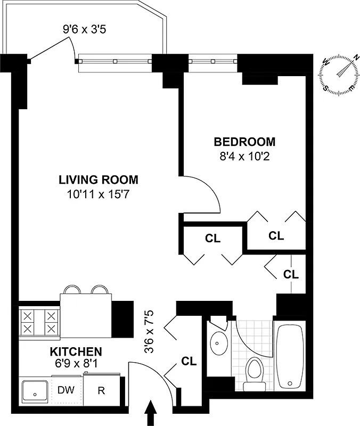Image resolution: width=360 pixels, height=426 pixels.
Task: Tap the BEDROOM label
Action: coord(244,142)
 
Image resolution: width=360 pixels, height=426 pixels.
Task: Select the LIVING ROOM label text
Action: coord(99,179)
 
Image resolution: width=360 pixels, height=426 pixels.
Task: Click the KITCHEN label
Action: coord(76,351)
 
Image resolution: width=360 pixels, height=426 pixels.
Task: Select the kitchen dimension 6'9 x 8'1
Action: coord(76,365)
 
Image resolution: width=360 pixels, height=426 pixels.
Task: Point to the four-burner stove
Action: coord(38,322)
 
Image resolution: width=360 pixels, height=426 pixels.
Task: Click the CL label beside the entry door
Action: coord(189,362)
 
